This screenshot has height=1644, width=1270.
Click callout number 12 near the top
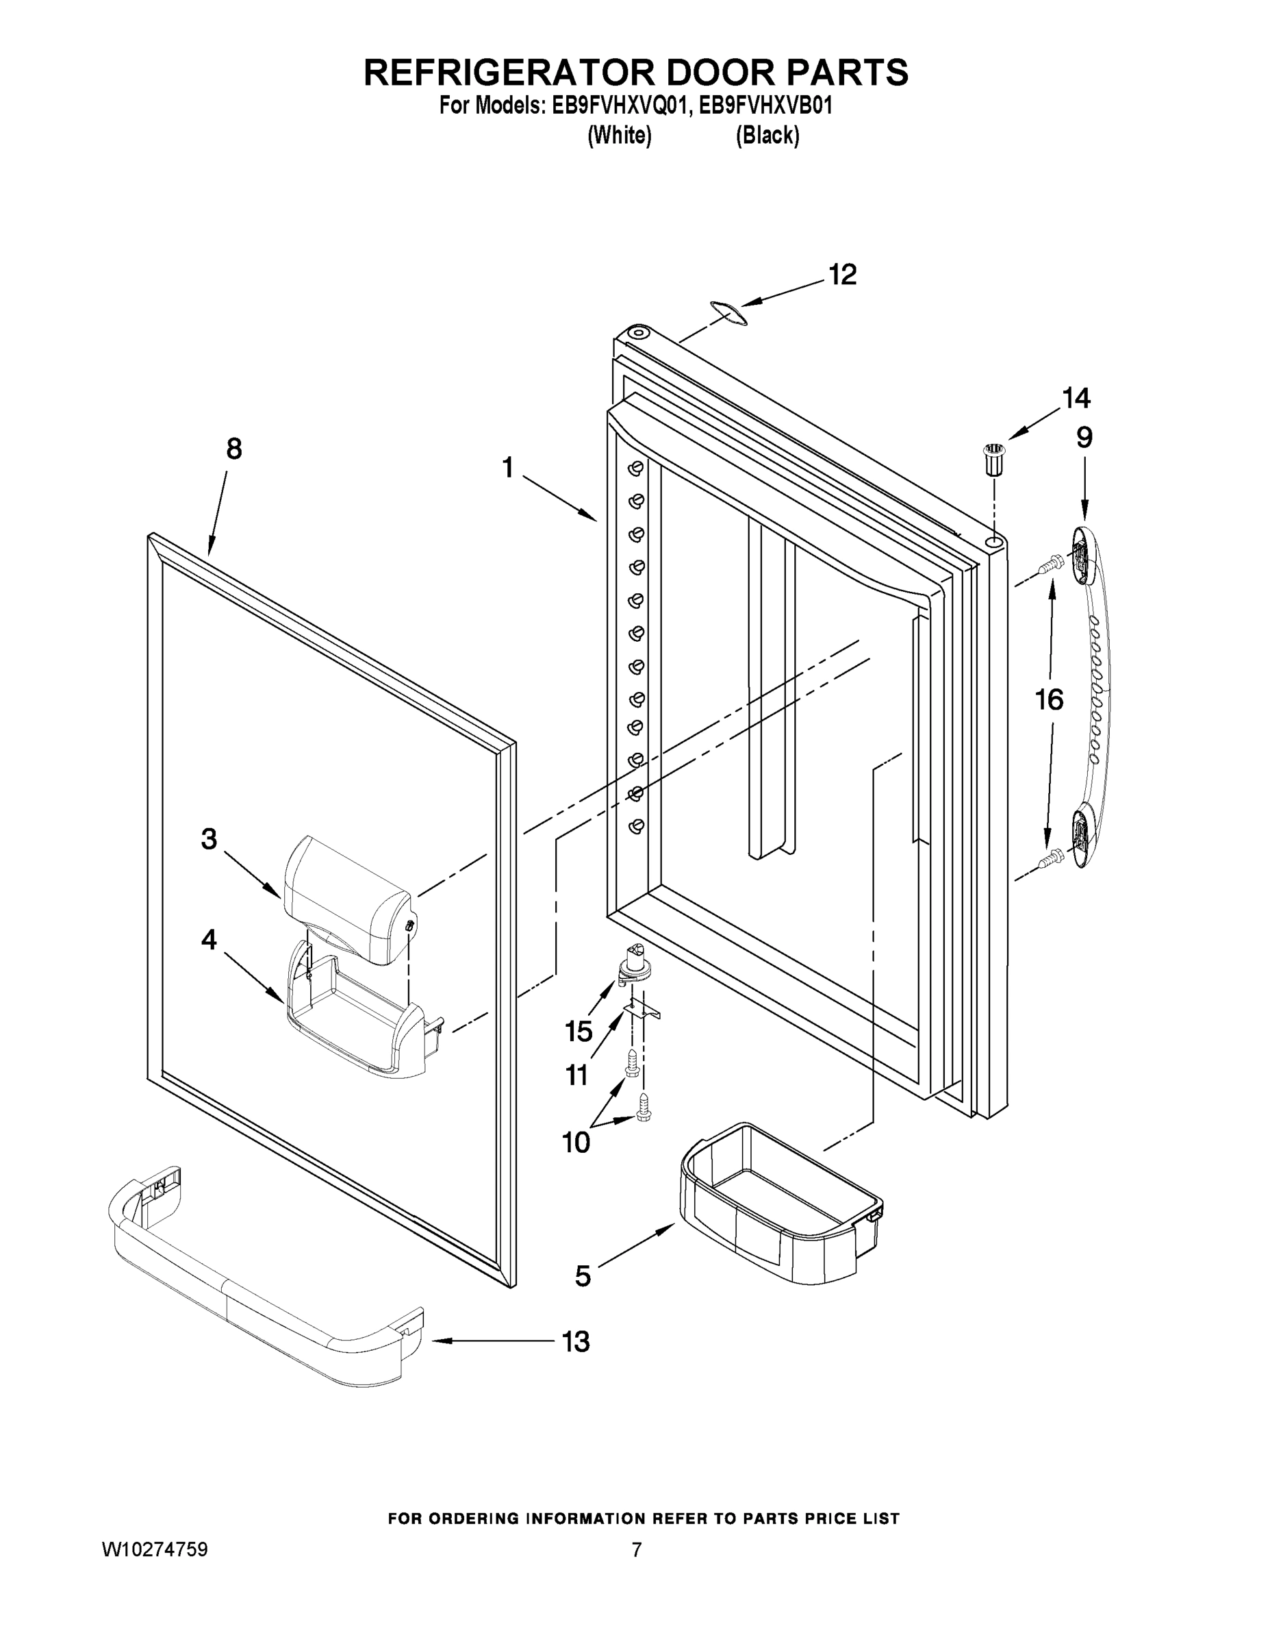[843, 275]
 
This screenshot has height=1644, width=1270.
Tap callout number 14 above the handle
[1076, 397]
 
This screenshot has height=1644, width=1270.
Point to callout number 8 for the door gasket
[234, 449]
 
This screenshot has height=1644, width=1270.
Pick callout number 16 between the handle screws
[1049, 700]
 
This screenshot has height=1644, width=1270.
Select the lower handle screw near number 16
[1049, 858]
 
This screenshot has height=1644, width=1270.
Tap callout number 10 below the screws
[576, 1143]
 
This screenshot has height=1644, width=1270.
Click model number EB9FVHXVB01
[765, 106]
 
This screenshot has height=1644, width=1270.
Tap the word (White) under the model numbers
[619, 136]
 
